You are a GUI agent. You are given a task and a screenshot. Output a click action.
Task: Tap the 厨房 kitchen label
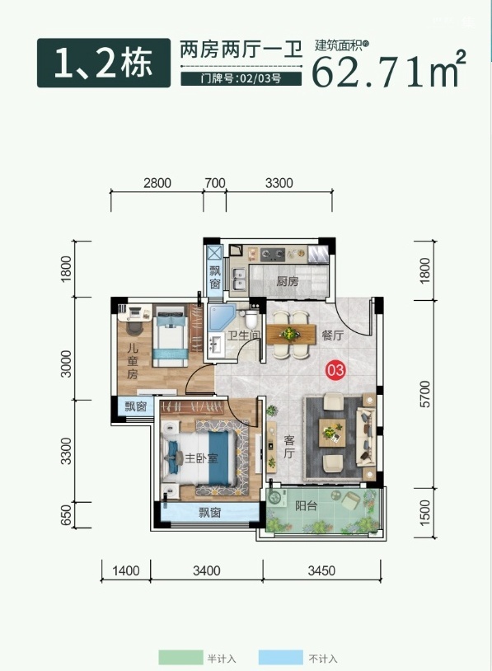click(287, 281)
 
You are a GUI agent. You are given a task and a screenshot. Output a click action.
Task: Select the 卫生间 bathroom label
click(243, 335)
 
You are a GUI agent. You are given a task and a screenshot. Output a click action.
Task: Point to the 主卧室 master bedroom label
click(201, 457)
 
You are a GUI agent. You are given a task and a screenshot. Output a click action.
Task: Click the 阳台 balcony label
click(307, 505)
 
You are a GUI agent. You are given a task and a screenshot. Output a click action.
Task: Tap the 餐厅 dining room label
click(333, 335)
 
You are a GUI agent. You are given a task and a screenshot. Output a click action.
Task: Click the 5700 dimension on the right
click(424, 394)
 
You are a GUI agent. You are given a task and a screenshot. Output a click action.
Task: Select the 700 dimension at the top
click(215, 183)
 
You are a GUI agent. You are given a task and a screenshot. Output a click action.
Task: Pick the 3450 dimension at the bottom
click(321, 570)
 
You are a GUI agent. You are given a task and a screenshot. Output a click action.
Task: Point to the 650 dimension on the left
click(65, 515)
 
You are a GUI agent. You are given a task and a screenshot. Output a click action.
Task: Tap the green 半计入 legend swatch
click(180, 657)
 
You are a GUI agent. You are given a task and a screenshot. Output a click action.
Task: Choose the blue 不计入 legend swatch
click(280, 657)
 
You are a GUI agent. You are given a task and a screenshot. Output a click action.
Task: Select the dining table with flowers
click(290, 334)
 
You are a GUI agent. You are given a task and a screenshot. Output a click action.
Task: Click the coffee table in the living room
click(332, 433)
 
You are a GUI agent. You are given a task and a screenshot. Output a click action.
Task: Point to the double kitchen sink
click(238, 279)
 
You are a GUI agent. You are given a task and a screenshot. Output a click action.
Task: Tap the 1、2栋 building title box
click(104, 63)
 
